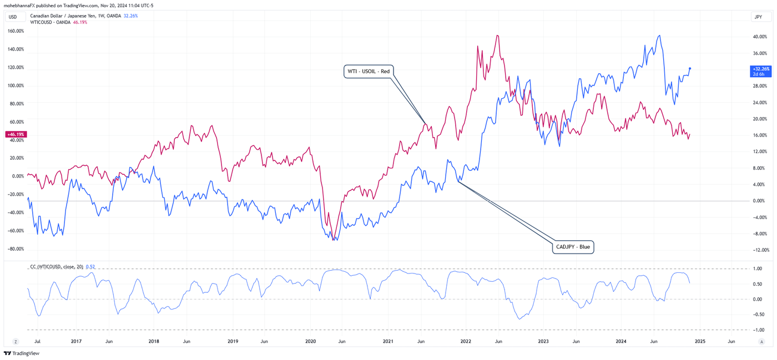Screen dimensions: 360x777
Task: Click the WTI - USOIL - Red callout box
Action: click(369, 71)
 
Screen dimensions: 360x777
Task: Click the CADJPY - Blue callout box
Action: click(573, 247)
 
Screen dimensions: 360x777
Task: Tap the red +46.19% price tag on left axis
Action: click(16, 134)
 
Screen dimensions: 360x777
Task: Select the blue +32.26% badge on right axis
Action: click(760, 71)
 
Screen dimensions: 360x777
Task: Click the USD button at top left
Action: click(13, 17)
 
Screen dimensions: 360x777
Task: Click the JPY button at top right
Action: click(758, 17)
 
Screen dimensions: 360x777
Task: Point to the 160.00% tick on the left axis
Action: click(16, 31)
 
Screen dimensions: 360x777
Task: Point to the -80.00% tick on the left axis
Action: click(16, 249)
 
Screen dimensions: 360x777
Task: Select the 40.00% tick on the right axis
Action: click(759, 37)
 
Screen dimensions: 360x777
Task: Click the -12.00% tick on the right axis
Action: click(760, 250)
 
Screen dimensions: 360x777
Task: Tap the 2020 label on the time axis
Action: click(311, 342)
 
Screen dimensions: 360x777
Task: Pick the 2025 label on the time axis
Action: click(700, 342)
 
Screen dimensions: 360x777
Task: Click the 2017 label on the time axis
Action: click(76, 342)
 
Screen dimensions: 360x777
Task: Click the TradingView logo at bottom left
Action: click(22, 353)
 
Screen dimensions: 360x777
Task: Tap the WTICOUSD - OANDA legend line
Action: click(50, 22)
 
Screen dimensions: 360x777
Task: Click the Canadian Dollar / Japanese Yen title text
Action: click(62, 16)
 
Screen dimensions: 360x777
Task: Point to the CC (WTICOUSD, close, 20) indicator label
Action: click(56, 267)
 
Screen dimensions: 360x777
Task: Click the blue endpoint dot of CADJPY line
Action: click(690, 69)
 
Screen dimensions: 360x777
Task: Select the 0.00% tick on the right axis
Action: click(759, 201)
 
